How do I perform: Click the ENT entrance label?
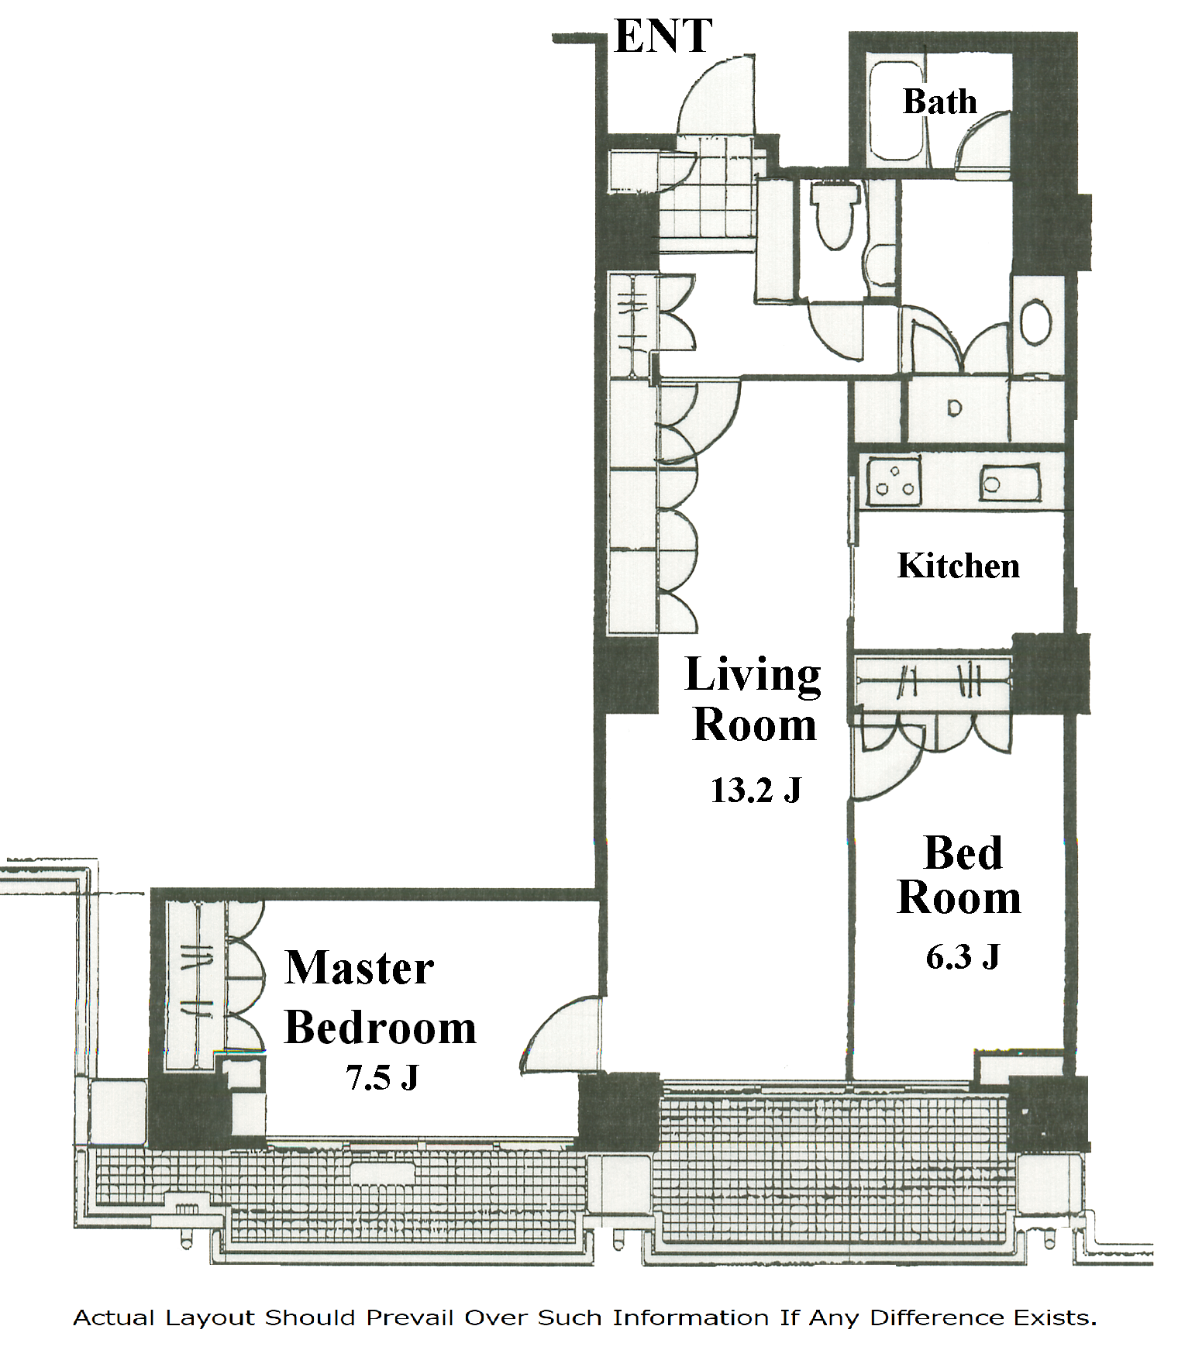(663, 36)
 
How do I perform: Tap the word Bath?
(939, 102)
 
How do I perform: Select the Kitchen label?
(959, 566)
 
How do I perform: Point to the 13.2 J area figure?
(756, 790)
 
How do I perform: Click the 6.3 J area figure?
(963, 956)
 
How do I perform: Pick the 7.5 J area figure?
(382, 1077)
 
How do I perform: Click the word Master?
(360, 968)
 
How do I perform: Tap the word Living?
(753, 676)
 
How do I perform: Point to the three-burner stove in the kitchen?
(894, 481)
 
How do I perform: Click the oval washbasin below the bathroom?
(1035, 323)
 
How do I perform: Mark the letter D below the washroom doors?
(954, 408)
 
